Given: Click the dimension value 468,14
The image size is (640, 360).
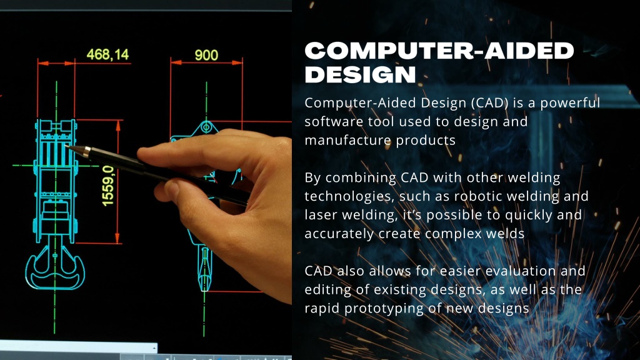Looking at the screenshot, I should click(107, 54).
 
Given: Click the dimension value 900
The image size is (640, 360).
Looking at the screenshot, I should click(206, 55).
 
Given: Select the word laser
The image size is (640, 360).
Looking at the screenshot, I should click(321, 215).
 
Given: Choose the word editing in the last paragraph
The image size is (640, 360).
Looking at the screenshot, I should click(327, 290).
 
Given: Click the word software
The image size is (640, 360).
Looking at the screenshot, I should click(329, 121).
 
